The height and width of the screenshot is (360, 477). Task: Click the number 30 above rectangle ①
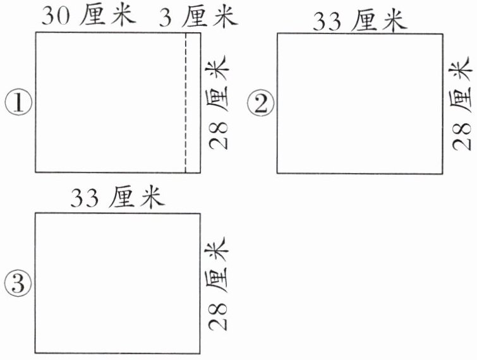click(x=56, y=16)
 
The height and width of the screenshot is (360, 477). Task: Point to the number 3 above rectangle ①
click(x=166, y=16)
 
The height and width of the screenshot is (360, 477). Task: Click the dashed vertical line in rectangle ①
click(x=185, y=101)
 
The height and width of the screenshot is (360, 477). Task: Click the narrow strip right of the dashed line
click(x=193, y=101)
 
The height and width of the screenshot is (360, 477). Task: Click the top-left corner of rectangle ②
click(x=277, y=33)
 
